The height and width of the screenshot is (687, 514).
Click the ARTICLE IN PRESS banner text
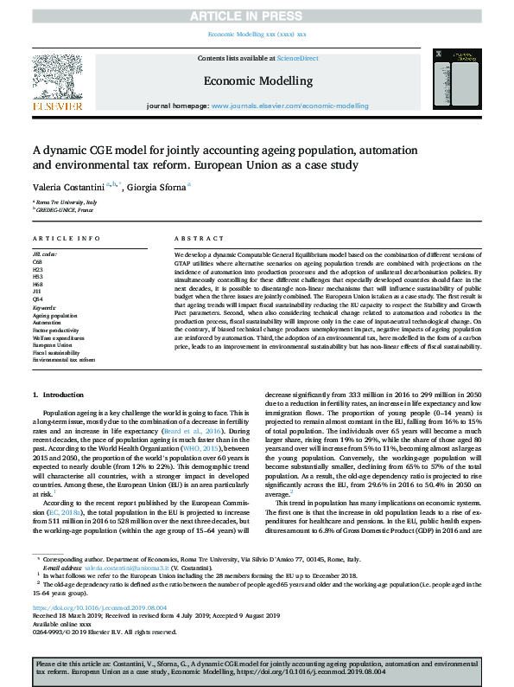click(x=257, y=15)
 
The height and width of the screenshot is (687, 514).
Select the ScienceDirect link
click(x=295, y=58)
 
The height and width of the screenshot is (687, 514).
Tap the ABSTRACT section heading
click(x=194, y=238)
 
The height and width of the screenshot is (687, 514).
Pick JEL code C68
click(x=38, y=260)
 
